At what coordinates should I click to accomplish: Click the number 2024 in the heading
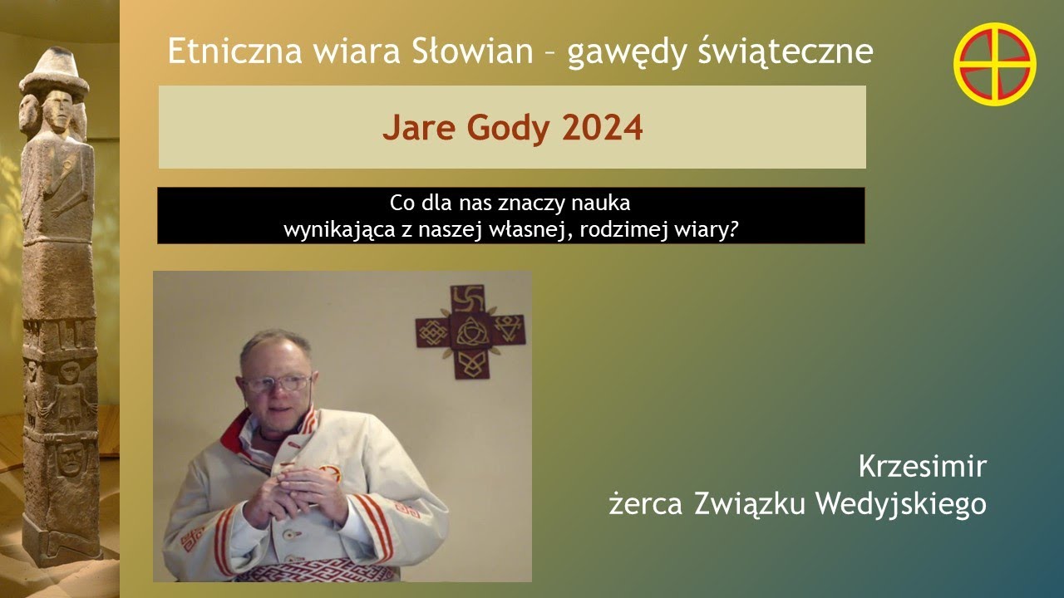(x=603, y=128)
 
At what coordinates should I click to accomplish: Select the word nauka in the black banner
(x=599, y=203)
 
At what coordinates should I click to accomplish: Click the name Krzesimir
(x=922, y=466)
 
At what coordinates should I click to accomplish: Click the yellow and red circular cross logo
(x=994, y=65)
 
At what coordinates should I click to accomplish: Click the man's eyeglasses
(x=278, y=384)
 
